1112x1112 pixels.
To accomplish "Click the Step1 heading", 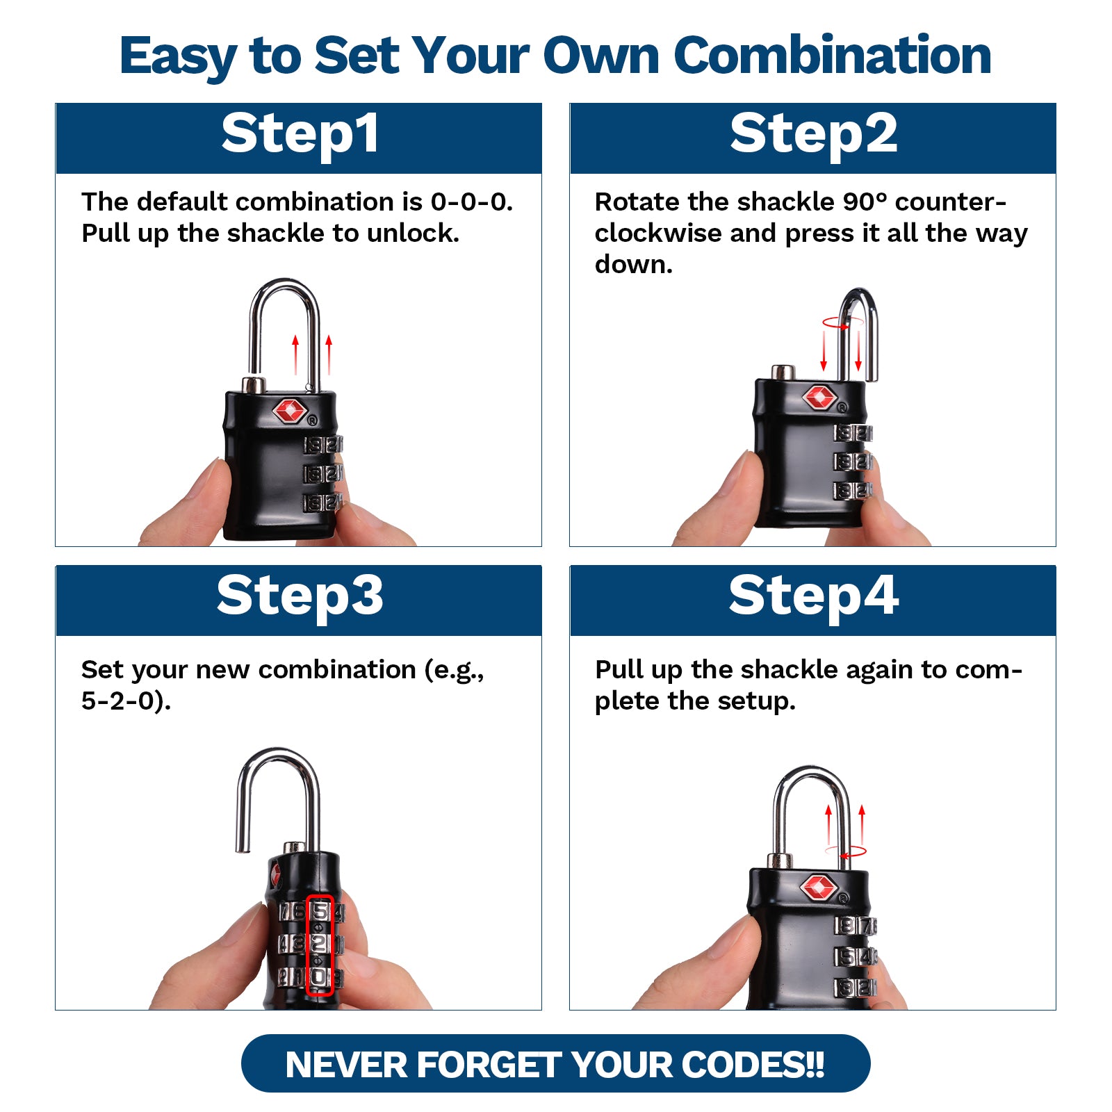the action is pos(300,135).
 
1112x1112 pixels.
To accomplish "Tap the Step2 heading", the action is pos(813,135).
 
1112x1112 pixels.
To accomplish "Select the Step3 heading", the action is pos(300,597).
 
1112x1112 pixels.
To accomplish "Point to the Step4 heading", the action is pos(813,597).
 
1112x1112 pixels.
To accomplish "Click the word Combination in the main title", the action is pos(833,56).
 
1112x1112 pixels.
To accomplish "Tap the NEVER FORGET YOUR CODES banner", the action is pos(555,1064).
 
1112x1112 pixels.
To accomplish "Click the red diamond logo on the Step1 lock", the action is pos(290,410).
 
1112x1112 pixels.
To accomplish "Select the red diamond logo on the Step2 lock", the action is pos(819,398).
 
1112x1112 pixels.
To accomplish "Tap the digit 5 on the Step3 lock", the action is pos(320,910).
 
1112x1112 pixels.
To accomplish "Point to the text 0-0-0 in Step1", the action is pos(471,202).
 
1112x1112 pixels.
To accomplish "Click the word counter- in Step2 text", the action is pos(951,202).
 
